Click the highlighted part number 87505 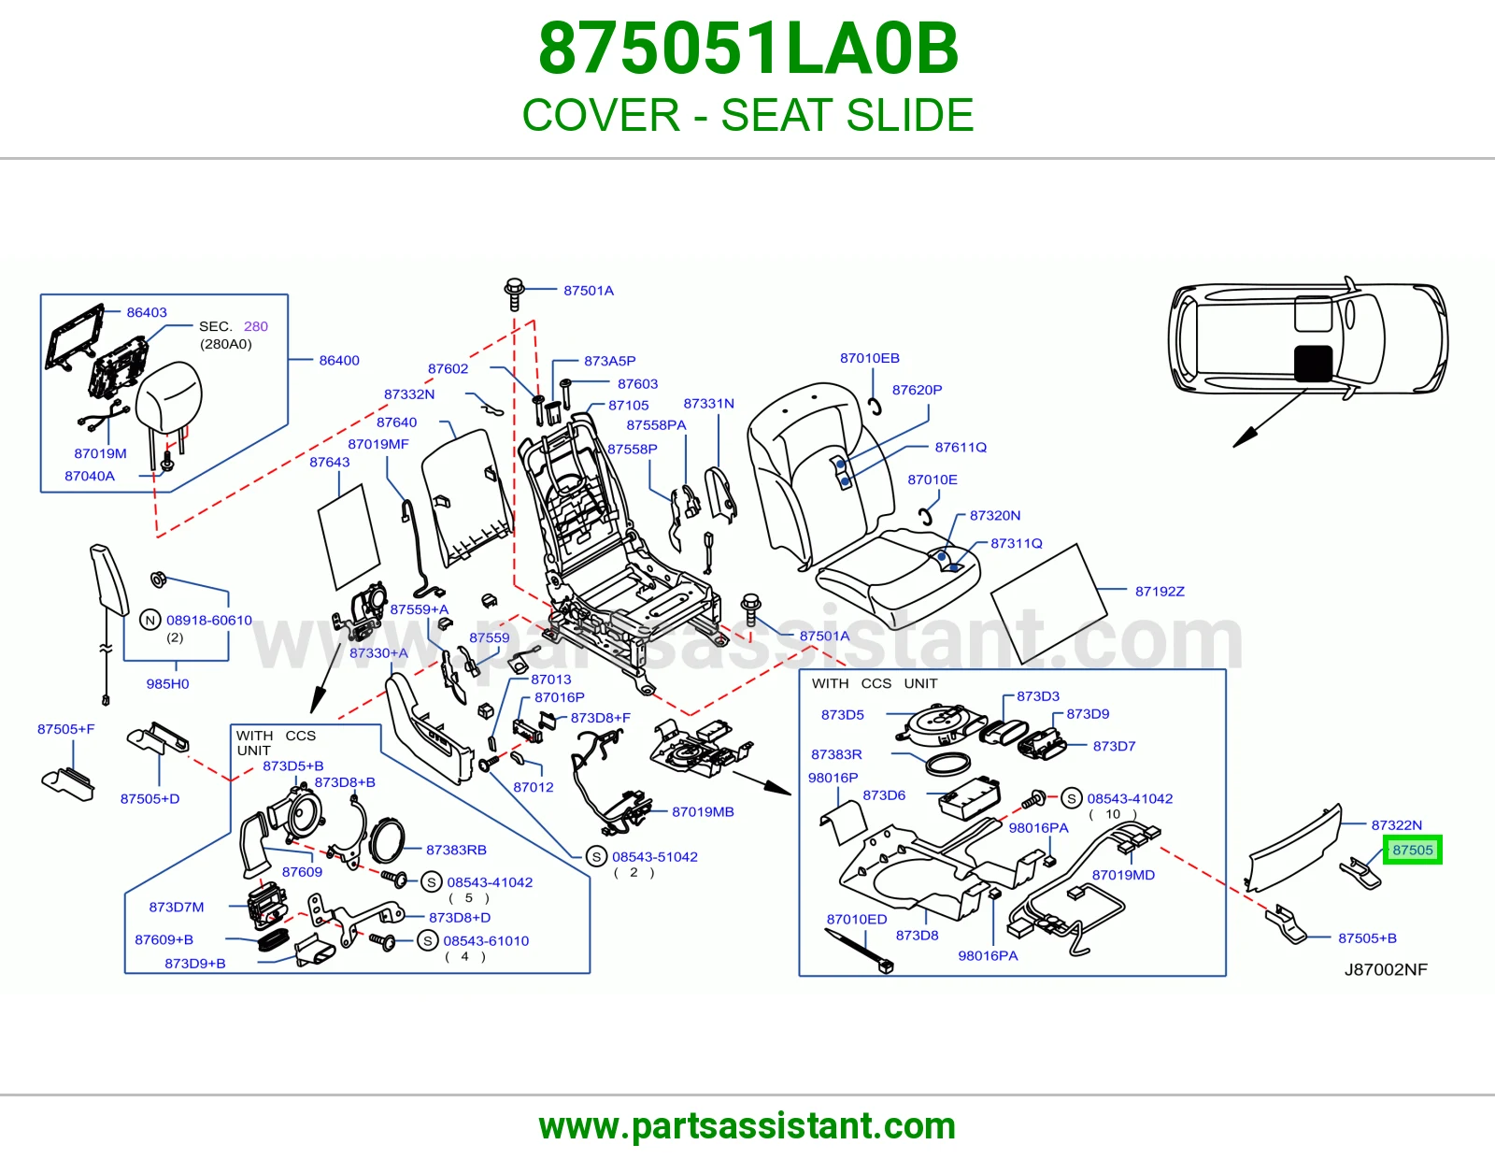1413,850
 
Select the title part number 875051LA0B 747,49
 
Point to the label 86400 339,360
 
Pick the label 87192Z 1160,592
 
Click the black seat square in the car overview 1314,364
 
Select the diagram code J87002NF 1387,969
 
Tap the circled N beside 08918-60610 150,620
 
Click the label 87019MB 704,811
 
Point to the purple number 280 256,326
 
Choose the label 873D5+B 293,766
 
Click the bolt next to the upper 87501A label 515,293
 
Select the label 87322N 1397,824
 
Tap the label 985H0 167,683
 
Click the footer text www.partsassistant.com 747,1126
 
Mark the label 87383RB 456,850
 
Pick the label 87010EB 870,358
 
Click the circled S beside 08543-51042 596,857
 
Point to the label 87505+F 66,729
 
